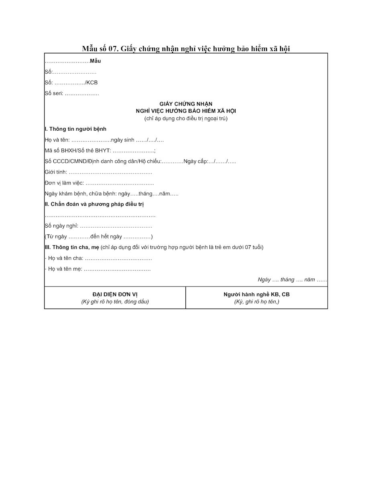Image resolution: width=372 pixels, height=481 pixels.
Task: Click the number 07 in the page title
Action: coord(113,49)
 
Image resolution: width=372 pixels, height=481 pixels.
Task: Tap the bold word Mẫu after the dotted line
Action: coord(96,61)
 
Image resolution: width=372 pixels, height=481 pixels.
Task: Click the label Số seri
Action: coord(54,94)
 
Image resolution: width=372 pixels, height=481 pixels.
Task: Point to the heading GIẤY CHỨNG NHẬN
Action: coord(186,104)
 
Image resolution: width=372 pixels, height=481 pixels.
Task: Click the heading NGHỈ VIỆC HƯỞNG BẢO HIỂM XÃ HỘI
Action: coord(186,111)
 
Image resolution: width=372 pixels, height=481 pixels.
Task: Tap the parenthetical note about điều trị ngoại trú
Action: coord(186,119)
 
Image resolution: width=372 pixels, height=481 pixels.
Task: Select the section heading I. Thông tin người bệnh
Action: coord(75,129)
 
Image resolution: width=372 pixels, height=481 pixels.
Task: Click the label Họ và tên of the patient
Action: coord(57,140)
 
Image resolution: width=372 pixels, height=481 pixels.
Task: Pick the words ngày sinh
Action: coord(123,140)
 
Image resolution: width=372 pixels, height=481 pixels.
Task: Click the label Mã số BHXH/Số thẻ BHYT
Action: coord(78,151)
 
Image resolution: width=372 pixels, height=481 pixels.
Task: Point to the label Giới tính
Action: coord(55,172)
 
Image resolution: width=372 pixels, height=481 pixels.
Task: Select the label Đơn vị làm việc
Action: coord(64,183)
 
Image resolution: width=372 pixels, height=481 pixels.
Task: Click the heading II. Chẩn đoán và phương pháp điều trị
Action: coord(94,204)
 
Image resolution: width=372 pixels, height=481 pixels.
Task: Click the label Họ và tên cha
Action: coord(65,259)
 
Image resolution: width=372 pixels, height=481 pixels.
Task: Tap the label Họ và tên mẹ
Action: coord(65,269)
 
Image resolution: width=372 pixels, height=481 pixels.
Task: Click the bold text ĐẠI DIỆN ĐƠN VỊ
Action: coord(115,295)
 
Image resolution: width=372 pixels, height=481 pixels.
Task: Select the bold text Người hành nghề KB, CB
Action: coord(256,295)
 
